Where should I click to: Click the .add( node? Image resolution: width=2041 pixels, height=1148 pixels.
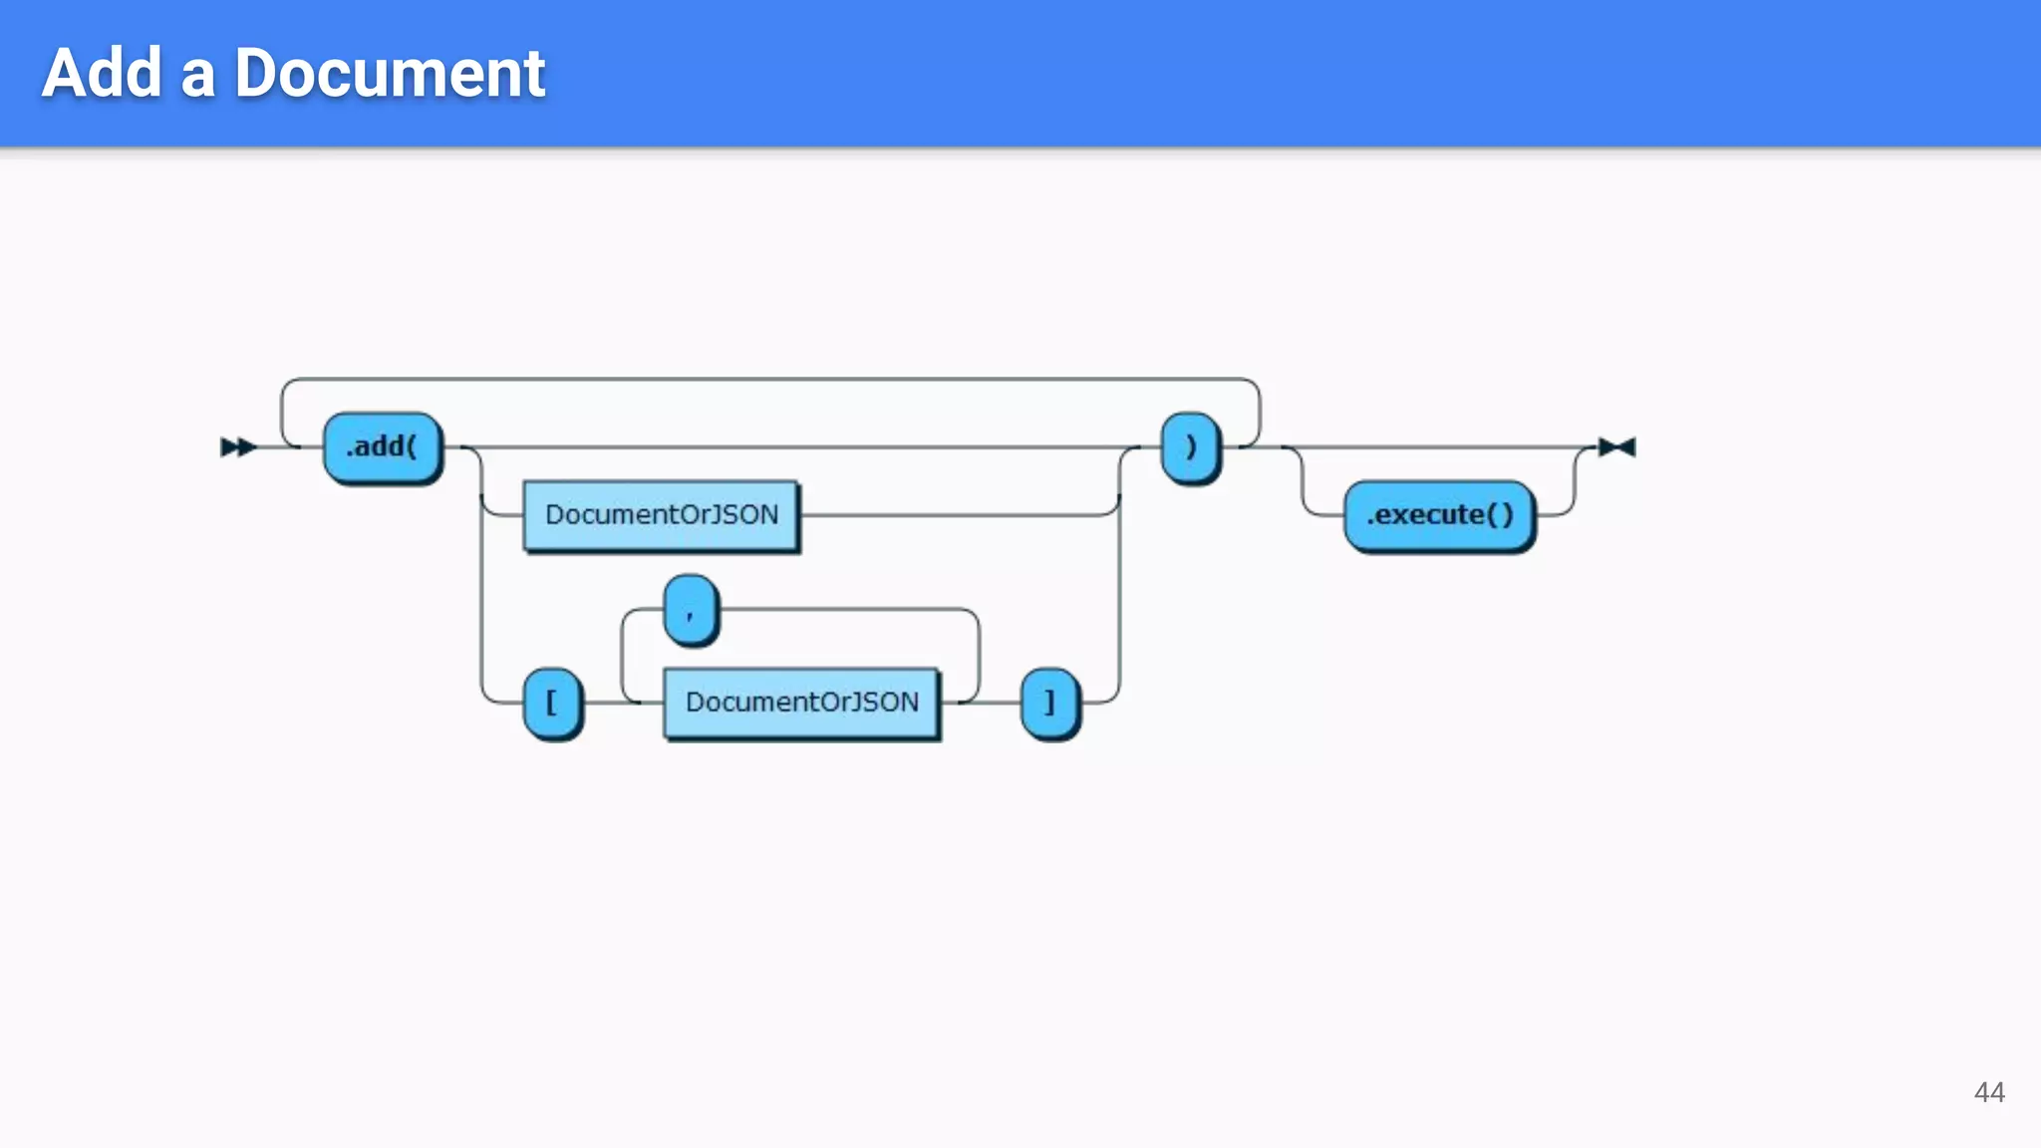pos(383,447)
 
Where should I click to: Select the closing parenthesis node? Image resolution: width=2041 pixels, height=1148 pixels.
pos(1191,447)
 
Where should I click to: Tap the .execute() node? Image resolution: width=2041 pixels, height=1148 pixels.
pos(1439,515)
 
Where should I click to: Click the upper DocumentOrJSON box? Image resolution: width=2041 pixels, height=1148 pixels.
pos(661,515)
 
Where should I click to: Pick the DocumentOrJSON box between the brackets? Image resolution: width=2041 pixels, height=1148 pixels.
pos(801,703)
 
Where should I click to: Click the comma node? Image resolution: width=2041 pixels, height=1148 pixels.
pos(691,610)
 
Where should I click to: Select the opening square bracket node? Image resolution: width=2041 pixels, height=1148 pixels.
pos(552,703)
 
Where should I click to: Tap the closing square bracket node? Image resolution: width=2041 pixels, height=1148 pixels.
pos(1050,703)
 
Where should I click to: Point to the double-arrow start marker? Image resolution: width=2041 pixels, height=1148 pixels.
pos(238,447)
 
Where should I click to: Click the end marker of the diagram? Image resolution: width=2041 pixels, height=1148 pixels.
pos(1616,447)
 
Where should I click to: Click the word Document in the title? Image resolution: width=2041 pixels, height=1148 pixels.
pos(390,73)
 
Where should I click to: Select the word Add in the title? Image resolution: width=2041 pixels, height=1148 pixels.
pos(102,73)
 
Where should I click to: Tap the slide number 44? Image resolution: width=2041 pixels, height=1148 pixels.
pos(1989,1092)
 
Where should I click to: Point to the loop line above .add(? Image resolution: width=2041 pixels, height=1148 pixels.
pos(767,380)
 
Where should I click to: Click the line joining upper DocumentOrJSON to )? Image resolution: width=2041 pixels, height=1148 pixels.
pos(957,515)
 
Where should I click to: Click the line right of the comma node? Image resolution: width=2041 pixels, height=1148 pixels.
pos(847,609)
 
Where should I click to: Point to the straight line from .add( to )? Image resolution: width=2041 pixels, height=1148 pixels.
pos(797,447)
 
